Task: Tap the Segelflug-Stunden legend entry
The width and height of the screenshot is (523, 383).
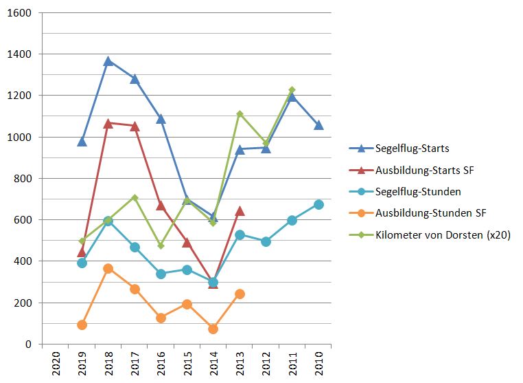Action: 418,191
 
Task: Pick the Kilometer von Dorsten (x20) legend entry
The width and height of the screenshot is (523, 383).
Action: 443,234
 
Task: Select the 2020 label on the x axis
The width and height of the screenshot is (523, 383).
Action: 56,362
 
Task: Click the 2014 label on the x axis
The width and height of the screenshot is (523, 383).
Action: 213,362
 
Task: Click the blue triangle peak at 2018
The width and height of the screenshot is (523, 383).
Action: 108,61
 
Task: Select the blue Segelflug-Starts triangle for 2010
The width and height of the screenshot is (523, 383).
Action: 319,125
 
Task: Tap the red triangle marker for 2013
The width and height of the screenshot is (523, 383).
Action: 240,211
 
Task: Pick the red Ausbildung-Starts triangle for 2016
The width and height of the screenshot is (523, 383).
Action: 161,206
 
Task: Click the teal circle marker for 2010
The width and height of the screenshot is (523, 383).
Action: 319,204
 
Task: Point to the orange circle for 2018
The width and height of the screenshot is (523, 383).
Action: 108,268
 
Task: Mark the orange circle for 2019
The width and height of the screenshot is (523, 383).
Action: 82,325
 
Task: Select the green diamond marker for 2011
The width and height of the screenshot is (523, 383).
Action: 292,90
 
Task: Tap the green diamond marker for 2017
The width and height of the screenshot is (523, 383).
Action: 135,197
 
